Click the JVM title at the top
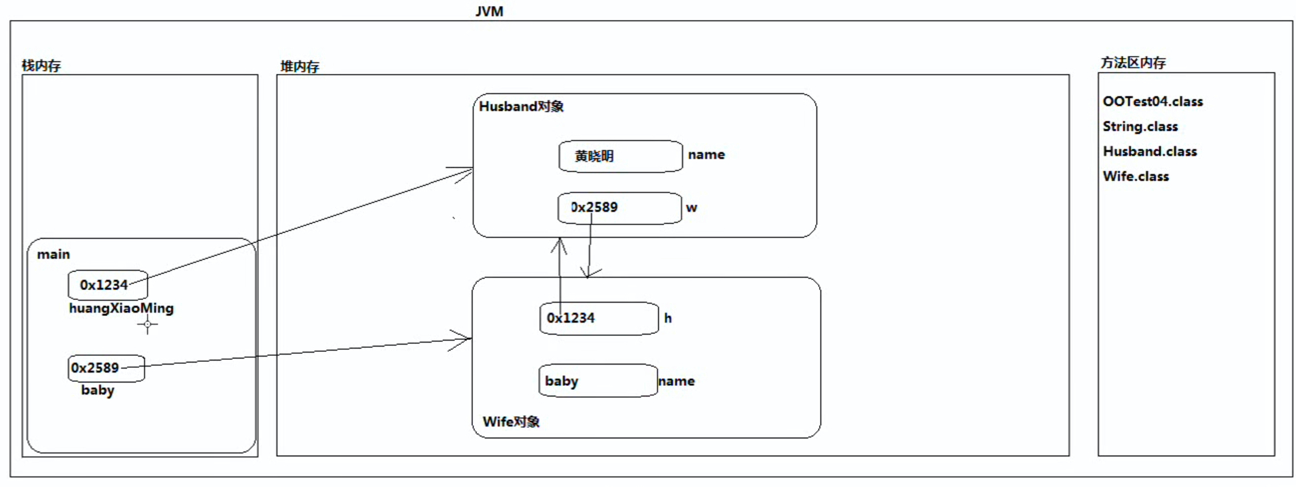point(489,11)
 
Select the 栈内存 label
point(41,65)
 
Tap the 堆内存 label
point(299,67)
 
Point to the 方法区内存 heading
point(1133,63)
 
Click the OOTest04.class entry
point(1152,101)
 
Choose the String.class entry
point(1140,126)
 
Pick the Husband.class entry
point(1149,151)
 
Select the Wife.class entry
point(1135,176)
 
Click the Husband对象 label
point(521,106)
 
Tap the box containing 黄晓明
point(620,156)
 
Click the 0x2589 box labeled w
point(619,208)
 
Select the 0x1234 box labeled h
point(599,318)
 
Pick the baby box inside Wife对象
point(597,381)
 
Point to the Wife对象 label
point(511,422)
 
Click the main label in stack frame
point(53,254)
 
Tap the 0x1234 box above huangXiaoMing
point(107,285)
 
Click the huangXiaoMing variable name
point(121,308)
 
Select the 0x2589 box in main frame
point(106,368)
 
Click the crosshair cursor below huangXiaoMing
point(148,325)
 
